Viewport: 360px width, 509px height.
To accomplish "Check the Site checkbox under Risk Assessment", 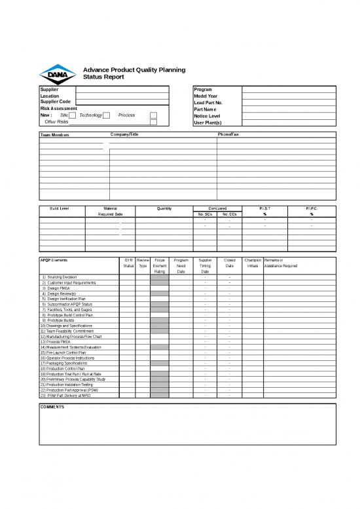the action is tap(73, 115).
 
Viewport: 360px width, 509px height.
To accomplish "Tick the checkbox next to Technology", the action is tap(106, 115).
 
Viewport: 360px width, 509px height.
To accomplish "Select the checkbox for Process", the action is tap(153, 115).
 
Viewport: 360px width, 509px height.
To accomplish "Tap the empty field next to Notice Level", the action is tap(288, 115).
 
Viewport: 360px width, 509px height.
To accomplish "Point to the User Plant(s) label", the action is tap(208, 122).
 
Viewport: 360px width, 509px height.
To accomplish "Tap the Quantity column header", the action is tap(164, 208).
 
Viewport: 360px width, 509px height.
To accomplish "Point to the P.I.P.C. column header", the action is tap(312, 208).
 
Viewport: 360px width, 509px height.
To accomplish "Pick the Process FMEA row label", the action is tap(56, 341).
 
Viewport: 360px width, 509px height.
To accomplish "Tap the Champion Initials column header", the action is tap(253, 263).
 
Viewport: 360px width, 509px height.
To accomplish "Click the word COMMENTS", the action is tap(52, 407).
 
